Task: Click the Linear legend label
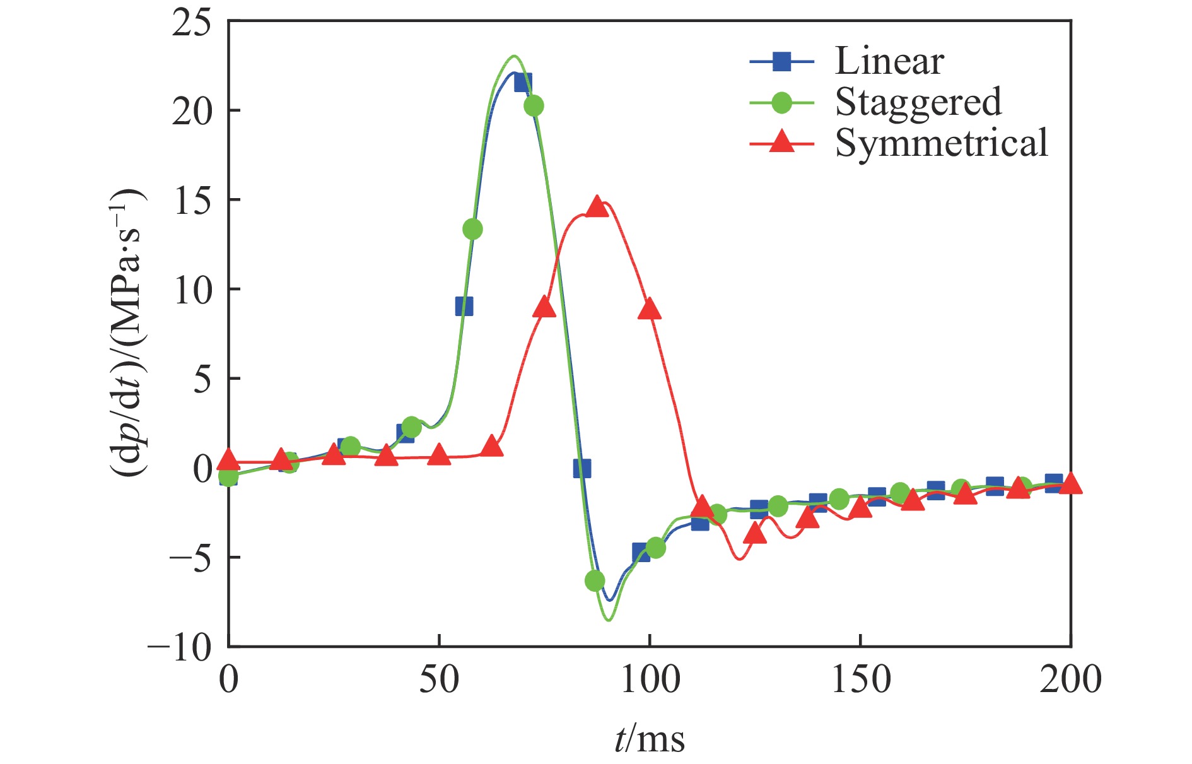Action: pyautogui.click(x=889, y=61)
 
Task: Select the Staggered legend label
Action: pyautogui.click(x=918, y=102)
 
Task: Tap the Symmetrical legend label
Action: pyautogui.click(x=942, y=143)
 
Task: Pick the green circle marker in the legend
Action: pyautogui.click(x=782, y=102)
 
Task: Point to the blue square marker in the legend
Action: pyautogui.click(x=782, y=61)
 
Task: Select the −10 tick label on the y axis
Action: pyautogui.click(x=180, y=647)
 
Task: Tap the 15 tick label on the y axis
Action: pyautogui.click(x=192, y=202)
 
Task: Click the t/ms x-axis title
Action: pyautogui.click(x=649, y=738)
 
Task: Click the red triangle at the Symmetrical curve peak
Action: pyautogui.click(x=597, y=206)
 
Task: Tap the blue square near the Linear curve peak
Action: pyautogui.click(x=522, y=83)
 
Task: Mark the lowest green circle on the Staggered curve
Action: pyautogui.click(x=595, y=580)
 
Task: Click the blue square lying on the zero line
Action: pyautogui.click(x=581, y=468)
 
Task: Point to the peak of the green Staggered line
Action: pyautogui.click(x=514, y=56)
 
